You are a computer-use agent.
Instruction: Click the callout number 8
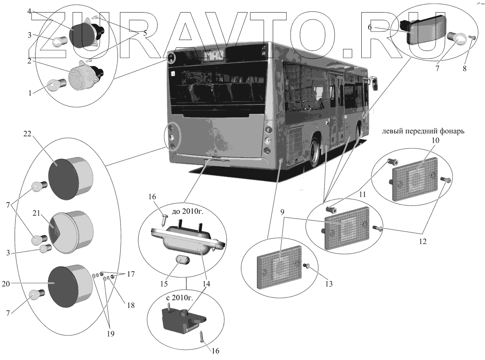(x=464, y=69)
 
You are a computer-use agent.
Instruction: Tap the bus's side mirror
(x=375, y=84)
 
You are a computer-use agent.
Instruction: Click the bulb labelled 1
(x=54, y=85)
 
